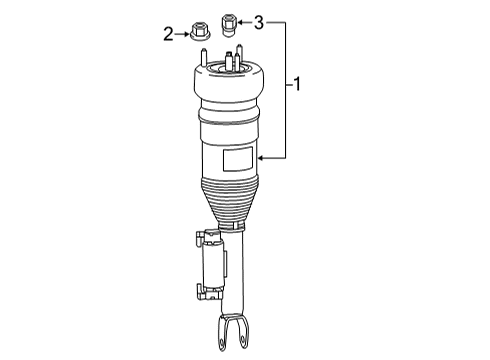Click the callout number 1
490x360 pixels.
pyautogui.click(x=297, y=84)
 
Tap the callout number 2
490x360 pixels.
pyautogui.click(x=168, y=34)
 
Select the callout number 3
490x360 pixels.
pyautogui.click(x=259, y=23)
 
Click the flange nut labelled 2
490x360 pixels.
pyautogui.click(x=199, y=31)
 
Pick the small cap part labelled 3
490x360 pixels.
pyautogui.click(x=228, y=26)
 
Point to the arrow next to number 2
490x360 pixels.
pyautogui.click(x=182, y=34)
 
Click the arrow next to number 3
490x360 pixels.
pyautogui.click(x=245, y=23)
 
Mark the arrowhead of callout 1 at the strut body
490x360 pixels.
pyautogui.click(x=262, y=158)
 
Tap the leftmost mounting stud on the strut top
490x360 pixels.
pyautogui.click(x=204, y=57)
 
